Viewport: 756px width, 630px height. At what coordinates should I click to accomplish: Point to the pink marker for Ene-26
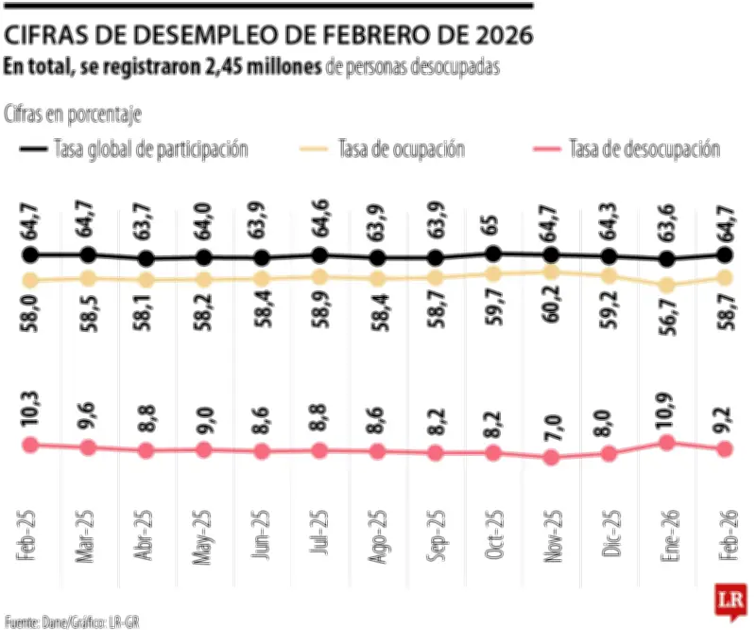coord(667,442)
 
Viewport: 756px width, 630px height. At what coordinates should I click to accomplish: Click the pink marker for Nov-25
coord(551,458)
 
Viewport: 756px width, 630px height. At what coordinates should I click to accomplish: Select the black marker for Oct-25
coord(493,253)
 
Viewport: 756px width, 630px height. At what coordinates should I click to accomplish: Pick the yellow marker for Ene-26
coord(667,285)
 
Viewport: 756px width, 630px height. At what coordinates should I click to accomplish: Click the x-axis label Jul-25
coord(319,537)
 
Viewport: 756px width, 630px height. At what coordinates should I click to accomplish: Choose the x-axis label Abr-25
coord(146,537)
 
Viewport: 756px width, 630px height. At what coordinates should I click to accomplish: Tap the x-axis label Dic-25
coord(610,537)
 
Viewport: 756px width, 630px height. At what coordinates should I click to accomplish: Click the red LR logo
coord(730,601)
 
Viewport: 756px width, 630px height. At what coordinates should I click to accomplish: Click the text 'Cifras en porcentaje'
coord(73,114)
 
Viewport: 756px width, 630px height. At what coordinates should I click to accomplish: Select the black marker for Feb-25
coord(30,254)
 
